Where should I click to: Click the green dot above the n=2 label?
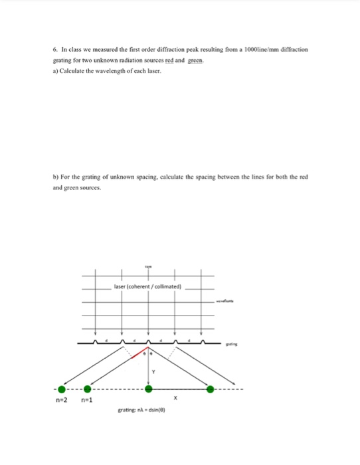click(x=62, y=389)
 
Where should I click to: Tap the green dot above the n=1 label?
click(x=86, y=389)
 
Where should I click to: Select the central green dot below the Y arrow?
click(x=148, y=389)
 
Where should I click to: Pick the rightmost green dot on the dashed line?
click(x=212, y=389)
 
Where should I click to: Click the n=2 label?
click(x=62, y=401)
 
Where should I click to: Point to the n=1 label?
click(x=87, y=401)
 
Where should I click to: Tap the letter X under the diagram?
click(x=175, y=399)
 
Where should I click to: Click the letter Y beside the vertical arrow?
click(x=153, y=372)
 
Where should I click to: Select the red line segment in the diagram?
click(x=138, y=351)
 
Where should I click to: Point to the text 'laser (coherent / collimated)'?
click(x=147, y=289)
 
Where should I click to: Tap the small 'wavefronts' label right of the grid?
click(x=226, y=302)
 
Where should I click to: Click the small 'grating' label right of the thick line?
click(x=230, y=344)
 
